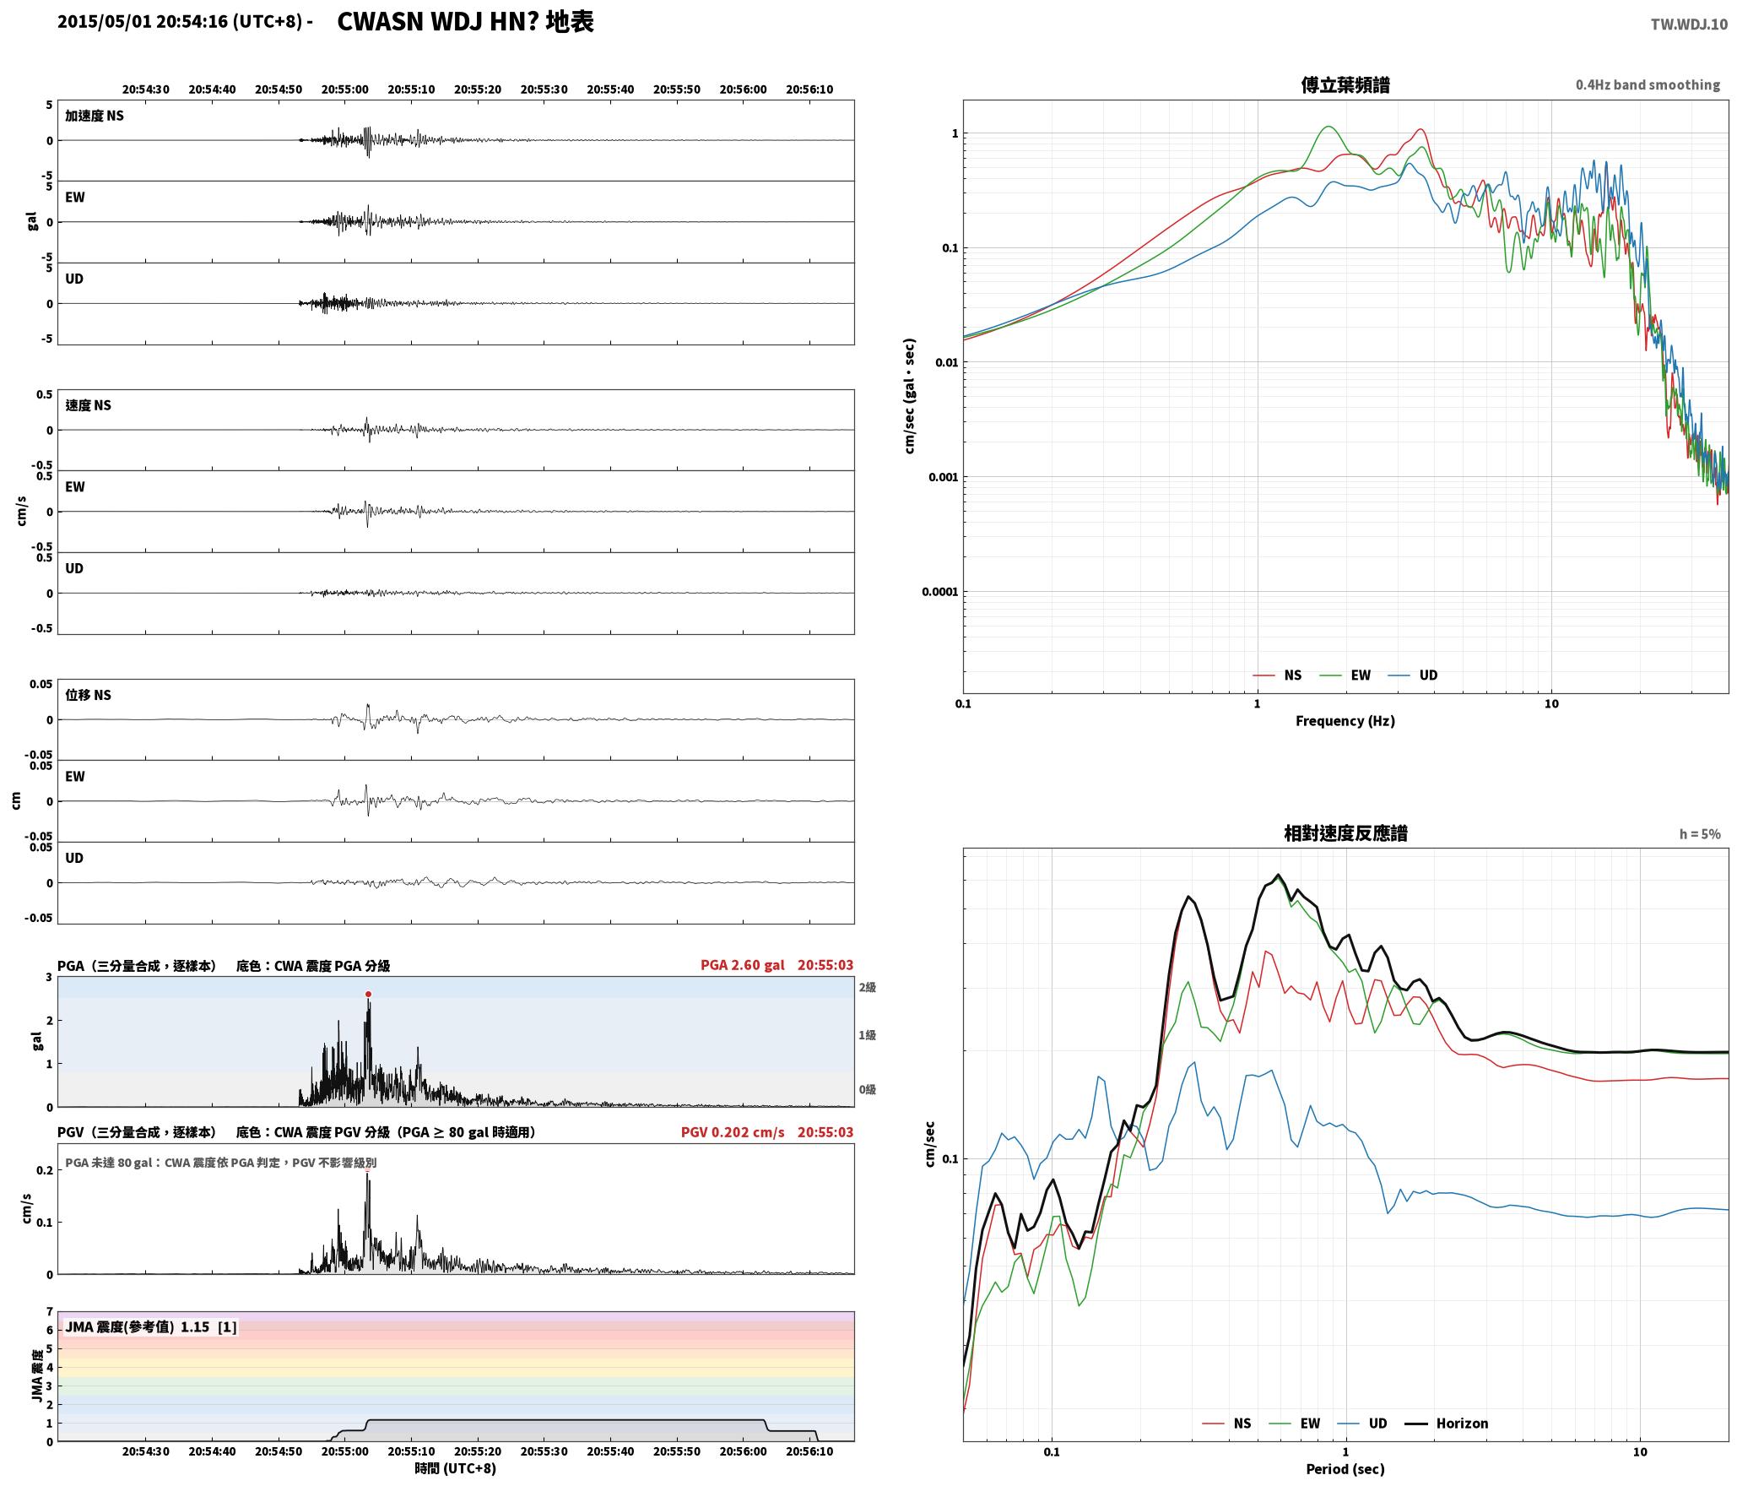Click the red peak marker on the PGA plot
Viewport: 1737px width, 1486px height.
(368, 995)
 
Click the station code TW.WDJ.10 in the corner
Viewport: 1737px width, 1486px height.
(1689, 24)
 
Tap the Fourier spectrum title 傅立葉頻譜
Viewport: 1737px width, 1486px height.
(1345, 85)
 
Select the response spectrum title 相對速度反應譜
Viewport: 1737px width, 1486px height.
(1345, 833)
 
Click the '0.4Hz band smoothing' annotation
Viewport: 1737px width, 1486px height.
(1648, 85)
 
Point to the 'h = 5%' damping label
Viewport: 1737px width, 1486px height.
(1699, 834)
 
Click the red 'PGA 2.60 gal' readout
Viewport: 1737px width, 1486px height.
(743, 965)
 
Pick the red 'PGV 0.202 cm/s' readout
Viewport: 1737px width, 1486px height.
(733, 1132)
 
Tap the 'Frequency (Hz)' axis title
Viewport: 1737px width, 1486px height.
(1345, 721)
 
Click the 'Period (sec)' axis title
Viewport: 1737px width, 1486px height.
(1345, 1469)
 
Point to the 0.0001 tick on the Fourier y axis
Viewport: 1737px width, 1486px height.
(939, 592)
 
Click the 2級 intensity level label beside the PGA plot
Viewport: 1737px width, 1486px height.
(868, 988)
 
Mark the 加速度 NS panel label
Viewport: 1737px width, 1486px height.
(95, 116)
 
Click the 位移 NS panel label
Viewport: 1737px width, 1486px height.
(89, 695)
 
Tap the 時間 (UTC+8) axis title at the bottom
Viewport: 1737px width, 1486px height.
(456, 1468)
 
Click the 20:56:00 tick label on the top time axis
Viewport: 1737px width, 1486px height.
(743, 89)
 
